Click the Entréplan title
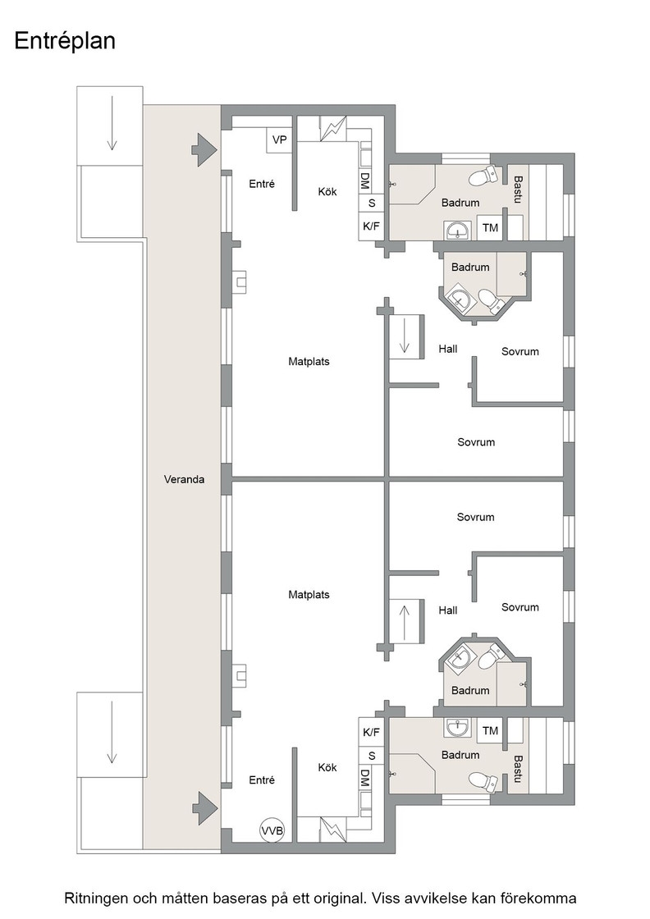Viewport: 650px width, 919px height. [65, 41]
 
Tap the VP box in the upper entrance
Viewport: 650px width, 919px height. [280, 140]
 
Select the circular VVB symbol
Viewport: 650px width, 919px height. [272, 830]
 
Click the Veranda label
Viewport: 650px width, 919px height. [184, 479]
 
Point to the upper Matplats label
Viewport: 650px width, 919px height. [309, 362]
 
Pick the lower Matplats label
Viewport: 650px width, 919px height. [309, 595]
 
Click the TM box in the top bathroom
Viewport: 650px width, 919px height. [491, 228]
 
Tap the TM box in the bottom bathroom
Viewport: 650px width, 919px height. [491, 731]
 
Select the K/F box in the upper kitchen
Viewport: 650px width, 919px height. [372, 226]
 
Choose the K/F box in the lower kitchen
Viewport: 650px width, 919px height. [372, 732]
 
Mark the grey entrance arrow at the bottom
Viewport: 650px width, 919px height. [204, 808]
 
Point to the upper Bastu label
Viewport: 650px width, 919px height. [518, 190]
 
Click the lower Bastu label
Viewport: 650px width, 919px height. [518, 769]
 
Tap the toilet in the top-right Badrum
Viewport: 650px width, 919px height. [485, 176]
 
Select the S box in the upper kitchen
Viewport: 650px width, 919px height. [372, 203]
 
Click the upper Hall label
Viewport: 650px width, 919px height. [448, 350]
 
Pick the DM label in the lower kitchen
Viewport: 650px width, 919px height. [364, 779]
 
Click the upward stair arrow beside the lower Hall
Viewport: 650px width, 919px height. [405, 621]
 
